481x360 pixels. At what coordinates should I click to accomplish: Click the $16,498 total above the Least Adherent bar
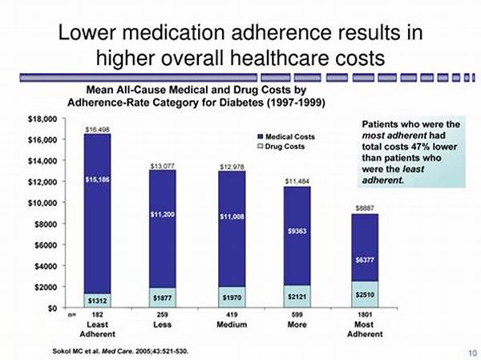(97, 128)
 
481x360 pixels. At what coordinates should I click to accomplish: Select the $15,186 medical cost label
(97, 180)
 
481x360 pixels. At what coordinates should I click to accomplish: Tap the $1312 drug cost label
(97, 299)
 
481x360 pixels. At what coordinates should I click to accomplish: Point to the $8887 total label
(365, 208)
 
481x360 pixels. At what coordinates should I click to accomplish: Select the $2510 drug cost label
(365, 295)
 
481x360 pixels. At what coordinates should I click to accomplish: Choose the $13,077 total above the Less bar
(164, 166)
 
